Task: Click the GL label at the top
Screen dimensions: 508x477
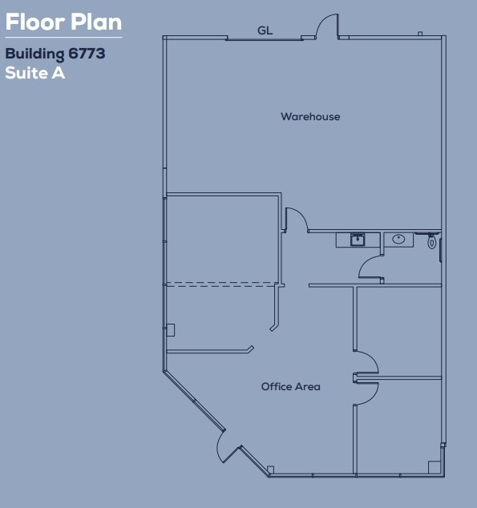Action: click(x=265, y=30)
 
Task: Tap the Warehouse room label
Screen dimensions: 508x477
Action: click(x=310, y=117)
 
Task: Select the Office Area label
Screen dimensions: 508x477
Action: click(x=290, y=387)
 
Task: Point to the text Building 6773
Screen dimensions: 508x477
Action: click(x=55, y=55)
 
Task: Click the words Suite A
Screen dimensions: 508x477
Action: click(x=34, y=74)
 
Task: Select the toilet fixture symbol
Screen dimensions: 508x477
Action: click(x=432, y=240)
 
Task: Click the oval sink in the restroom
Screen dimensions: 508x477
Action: click(x=398, y=239)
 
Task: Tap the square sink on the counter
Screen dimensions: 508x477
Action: click(x=358, y=239)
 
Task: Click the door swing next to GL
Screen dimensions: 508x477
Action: click(x=326, y=26)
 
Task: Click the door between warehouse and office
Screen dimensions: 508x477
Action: click(x=296, y=219)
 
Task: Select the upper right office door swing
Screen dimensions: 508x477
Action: click(x=366, y=361)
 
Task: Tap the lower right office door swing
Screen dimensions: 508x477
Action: click(x=366, y=390)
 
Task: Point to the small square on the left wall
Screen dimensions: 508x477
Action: click(x=170, y=329)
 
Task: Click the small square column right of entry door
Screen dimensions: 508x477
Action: click(x=271, y=470)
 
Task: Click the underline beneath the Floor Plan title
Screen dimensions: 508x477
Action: click(x=63, y=37)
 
